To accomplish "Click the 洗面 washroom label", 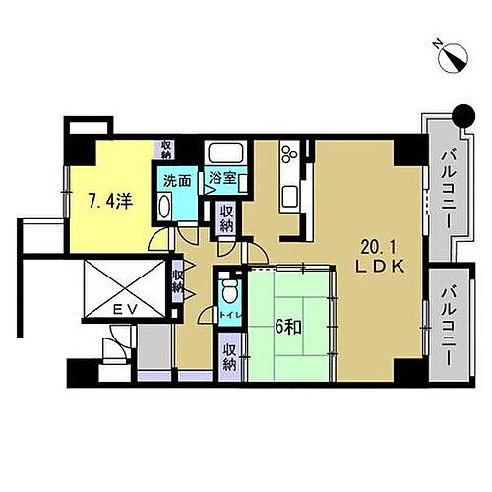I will click(177, 180).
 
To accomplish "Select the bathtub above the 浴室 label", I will click(223, 154).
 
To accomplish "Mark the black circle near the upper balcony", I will click(457, 115).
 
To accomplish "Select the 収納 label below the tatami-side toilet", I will click(229, 356).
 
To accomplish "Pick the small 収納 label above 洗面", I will click(166, 150).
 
